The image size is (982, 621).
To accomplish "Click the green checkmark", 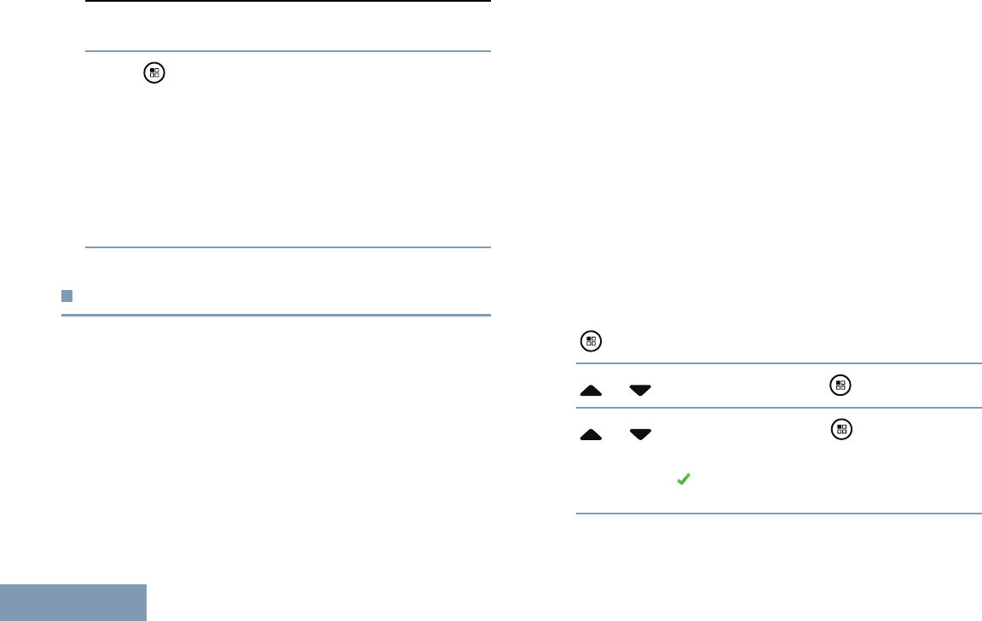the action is pos(682,481).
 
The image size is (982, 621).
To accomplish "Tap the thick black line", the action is pos(288,2).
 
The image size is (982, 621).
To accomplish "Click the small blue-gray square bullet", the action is pos(66,296).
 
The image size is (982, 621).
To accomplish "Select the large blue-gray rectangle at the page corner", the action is pos(73,602).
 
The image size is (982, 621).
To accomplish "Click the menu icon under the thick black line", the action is pos(153,73).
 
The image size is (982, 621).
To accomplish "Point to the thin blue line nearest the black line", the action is pos(288,50).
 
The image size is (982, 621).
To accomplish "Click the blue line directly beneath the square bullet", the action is pos(276,316).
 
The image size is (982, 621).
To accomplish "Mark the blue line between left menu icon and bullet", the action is pos(288,248).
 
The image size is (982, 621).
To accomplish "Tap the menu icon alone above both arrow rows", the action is pos(591,342).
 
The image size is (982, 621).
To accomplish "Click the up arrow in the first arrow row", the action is pos(590,389).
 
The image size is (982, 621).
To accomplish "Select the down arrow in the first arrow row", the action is pos(640,389).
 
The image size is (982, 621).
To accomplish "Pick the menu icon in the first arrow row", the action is pos(840,385).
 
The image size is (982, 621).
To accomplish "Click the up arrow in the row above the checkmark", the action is pos(590,434).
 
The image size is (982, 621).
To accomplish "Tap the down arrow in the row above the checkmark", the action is pos(640,434).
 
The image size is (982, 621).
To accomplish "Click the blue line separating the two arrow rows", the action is pos(779,408).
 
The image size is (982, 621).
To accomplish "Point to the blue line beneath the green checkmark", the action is pos(779,514).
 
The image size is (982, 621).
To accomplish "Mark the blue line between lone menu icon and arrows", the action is pos(779,364).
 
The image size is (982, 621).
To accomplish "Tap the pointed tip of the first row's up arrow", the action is pos(590,385).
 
